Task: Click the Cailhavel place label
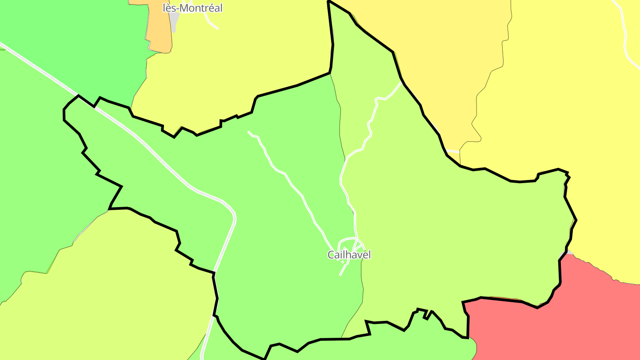[349, 255]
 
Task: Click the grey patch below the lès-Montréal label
[174, 20]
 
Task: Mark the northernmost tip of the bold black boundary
[328, 1]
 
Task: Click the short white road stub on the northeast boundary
[453, 152]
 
